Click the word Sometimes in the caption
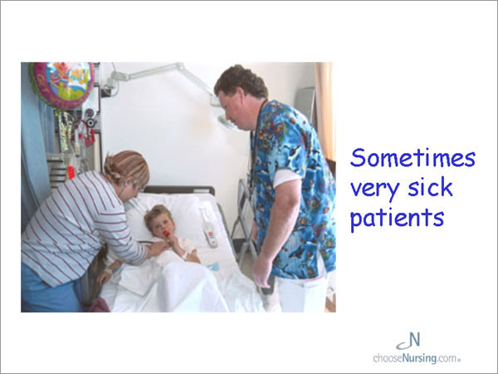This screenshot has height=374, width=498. pos(413,157)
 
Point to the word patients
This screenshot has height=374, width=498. pos(397,218)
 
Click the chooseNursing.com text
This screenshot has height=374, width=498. pos(417,358)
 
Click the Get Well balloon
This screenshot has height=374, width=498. pos(62,84)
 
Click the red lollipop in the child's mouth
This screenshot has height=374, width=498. pos(167,234)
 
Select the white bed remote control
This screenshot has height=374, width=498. pos(210,234)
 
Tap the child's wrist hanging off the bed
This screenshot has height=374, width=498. pos(108,271)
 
